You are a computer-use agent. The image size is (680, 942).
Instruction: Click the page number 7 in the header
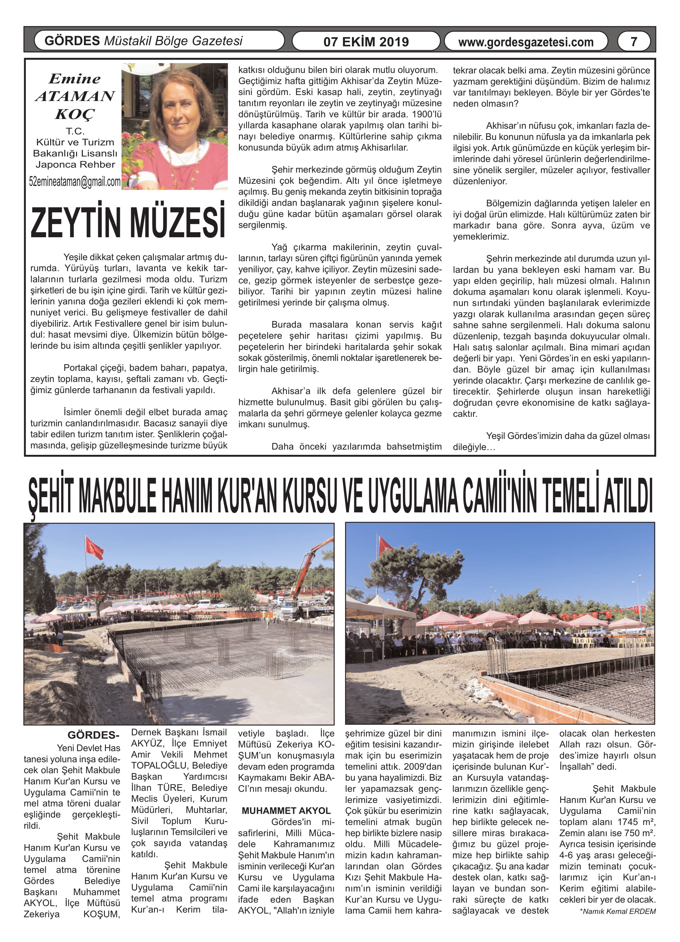pos(634,42)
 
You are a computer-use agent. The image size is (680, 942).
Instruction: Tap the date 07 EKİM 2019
pos(366,42)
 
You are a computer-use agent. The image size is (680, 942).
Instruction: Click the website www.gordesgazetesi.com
pos(526,42)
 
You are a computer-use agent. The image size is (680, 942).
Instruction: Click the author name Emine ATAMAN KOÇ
pos(75,96)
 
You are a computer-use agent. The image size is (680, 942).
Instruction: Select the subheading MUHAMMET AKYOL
pos(286,810)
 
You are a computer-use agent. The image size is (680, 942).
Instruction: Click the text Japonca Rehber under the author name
pos(75,164)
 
